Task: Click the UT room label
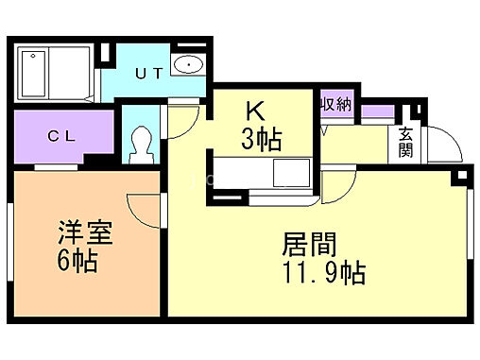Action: pyautogui.click(x=147, y=72)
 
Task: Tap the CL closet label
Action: pyautogui.click(x=62, y=135)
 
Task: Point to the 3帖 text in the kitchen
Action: pyautogui.click(x=260, y=140)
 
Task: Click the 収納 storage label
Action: pyautogui.click(x=335, y=105)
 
